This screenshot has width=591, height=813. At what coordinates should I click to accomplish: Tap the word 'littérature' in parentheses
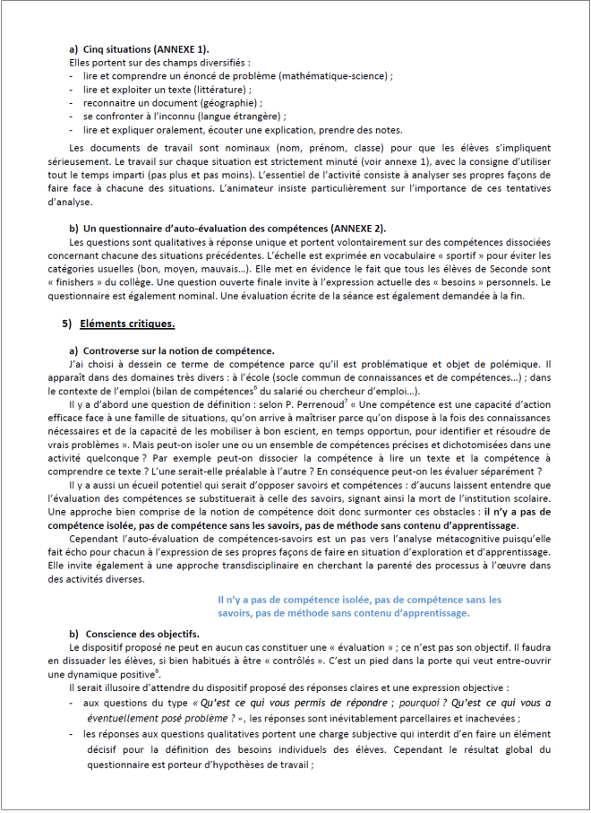pyautogui.click(x=219, y=91)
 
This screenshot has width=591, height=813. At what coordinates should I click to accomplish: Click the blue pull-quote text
pyautogui.click(x=358, y=606)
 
